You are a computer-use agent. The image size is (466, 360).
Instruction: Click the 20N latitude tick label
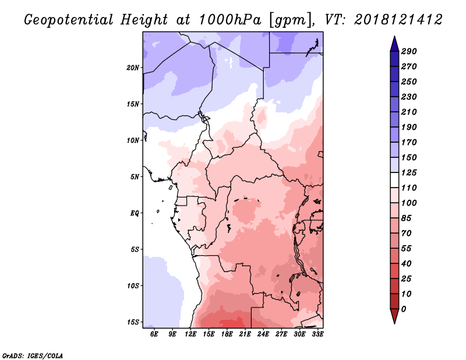click(x=133, y=68)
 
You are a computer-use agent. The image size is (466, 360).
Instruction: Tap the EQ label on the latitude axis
click(x=135, y=213)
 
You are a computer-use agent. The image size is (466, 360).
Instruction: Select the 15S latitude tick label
click(x=133, y=322)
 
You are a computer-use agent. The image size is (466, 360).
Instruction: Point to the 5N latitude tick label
click(x=135, y=177)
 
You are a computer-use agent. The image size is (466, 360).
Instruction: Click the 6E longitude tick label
click(x=154, y=334)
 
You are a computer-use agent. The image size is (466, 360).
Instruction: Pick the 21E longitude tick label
click(x=245, y=334)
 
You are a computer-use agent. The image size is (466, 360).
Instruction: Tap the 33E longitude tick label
click(x=317, y=334)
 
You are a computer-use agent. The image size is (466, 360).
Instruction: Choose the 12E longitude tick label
click(x=190, y=334)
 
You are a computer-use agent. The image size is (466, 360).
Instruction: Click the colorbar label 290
click(x=409, y=51)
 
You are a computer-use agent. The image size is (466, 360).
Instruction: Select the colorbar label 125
click(x=409, y=172)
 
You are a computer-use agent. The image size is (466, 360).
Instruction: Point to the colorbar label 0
click(x=404, y=309)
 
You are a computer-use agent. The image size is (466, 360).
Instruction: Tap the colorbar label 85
click(x=406, y=218)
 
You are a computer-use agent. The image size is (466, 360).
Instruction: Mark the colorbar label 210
click(x=409, y=112)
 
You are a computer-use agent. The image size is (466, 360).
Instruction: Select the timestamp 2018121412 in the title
click(x=398, y=20)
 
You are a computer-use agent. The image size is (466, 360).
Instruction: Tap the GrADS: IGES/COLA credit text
click(x=32, y=356)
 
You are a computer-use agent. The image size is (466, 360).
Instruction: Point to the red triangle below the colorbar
click(x=394, y=315)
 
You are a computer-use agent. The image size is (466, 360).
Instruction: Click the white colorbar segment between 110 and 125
click(x=394, y=180)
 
